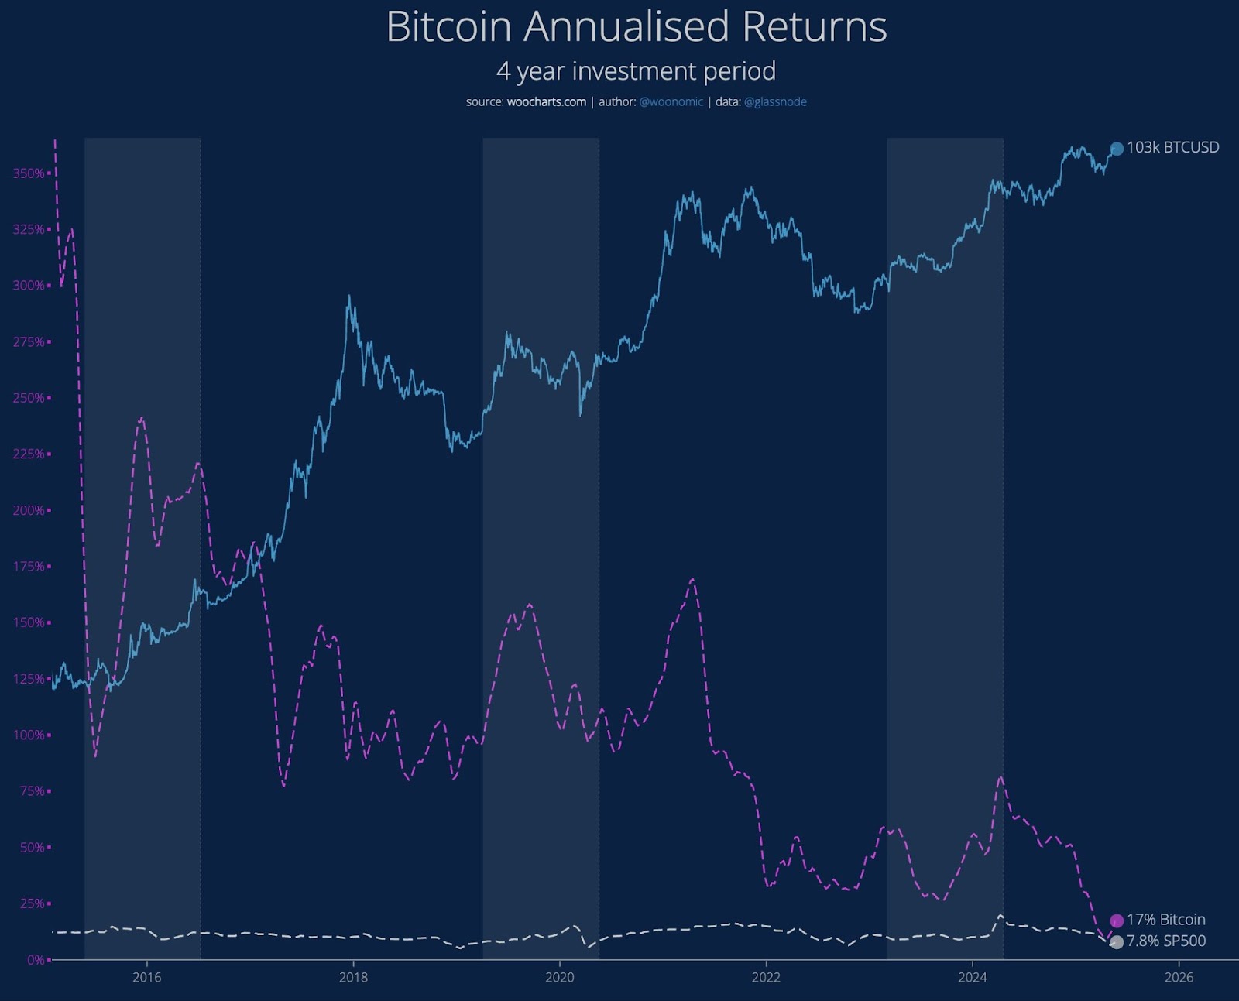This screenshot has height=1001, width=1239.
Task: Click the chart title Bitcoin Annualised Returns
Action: [636, 27]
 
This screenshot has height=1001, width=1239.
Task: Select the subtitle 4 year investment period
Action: [636, 71]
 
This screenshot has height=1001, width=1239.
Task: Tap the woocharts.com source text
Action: [546, 102]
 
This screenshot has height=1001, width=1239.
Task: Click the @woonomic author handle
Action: [671, 102]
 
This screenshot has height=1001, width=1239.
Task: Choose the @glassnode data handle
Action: [775, 102]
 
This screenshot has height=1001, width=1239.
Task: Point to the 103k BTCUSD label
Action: [1172, 148]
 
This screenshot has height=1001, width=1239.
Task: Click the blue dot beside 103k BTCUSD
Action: [1117, 149]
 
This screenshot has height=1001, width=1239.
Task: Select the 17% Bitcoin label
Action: [1165, 920]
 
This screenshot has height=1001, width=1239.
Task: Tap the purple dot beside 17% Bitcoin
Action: [1117, 920]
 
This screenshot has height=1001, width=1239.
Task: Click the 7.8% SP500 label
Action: [1165, 941]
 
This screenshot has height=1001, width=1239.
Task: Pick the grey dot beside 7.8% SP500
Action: [1117, 942]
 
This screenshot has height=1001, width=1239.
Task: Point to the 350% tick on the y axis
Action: [29, 173]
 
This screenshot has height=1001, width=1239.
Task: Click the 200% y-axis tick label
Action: [29, 511]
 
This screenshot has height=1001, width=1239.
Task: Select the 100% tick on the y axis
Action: [29, 735]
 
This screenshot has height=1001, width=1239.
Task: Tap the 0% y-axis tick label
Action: [36, 960]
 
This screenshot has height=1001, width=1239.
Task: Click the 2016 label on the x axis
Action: [147, 978]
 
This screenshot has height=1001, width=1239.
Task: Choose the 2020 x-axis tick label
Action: [560, 978]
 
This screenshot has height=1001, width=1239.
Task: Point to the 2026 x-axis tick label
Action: [1179, 978]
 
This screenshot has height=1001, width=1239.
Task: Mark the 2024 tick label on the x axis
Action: [973, 978]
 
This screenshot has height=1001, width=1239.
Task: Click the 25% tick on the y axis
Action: [32, 904]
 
